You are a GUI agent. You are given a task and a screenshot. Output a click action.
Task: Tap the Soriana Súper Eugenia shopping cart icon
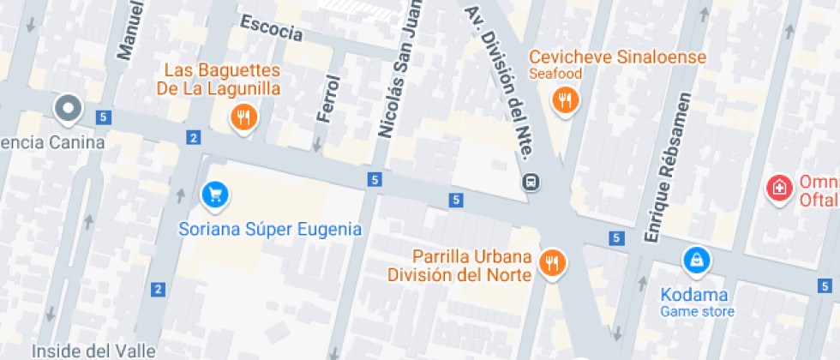(x=214, y=194)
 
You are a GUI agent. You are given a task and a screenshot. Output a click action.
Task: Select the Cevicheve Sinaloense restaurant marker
(x=565, y=100)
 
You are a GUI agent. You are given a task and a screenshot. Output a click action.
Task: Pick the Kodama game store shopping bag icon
(x=696, y=259)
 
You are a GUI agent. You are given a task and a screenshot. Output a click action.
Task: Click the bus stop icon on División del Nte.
(x=531, y=182)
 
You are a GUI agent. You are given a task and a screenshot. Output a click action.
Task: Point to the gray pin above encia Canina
(x=67, y=108)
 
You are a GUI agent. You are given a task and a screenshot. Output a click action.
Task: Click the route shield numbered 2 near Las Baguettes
(x=195, y=137)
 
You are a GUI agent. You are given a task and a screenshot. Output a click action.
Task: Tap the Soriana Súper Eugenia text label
(x=270, y=230)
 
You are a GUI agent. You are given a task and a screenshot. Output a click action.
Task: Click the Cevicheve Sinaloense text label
(x=617, y=57)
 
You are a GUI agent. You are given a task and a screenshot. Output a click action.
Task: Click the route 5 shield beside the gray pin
(x=104, y=117)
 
